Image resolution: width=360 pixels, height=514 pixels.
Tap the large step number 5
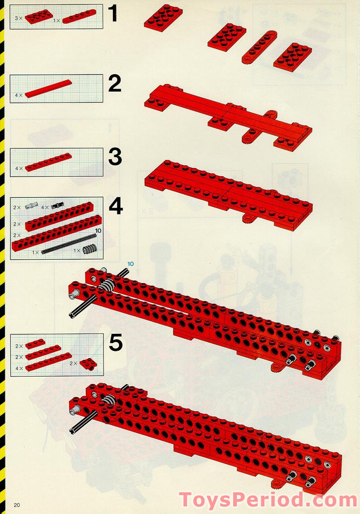coord(116,343)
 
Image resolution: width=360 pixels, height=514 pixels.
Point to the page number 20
coord(17,505)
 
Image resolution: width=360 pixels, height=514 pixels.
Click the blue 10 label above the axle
coord(130,263)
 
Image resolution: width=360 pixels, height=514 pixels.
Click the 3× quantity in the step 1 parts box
coord(18,18)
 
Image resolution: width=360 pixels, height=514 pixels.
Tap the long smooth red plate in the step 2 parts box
coord(48,89)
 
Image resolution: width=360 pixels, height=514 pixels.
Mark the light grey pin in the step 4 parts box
coord(32,206)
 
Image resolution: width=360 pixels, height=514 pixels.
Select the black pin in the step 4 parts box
coord(57,206)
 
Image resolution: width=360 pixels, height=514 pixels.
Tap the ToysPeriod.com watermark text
coord(268,500)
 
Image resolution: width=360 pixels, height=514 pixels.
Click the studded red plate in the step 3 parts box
coord(48,163)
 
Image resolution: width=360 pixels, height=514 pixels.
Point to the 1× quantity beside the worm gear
coord(77,251)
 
